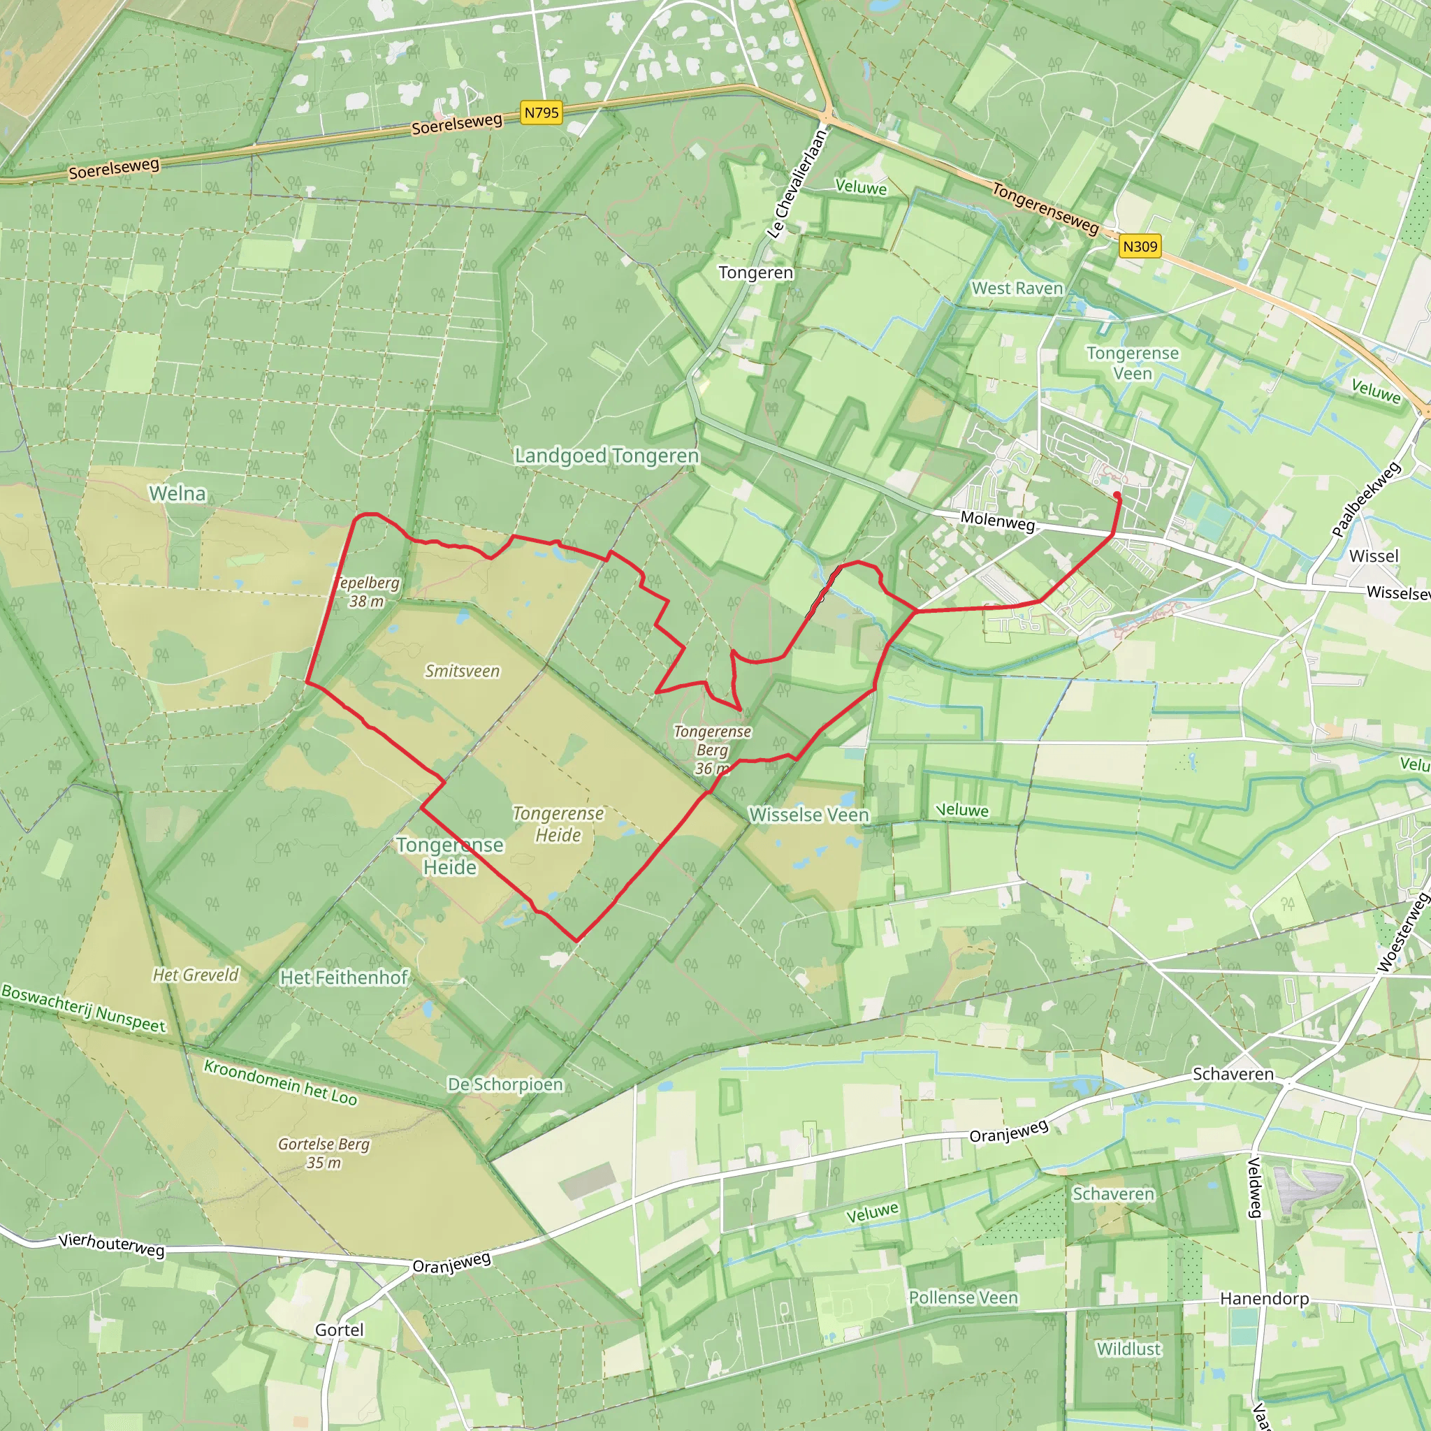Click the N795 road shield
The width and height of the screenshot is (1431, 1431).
541,112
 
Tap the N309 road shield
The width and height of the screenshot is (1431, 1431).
1139,247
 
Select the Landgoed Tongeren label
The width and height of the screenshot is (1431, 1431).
606,456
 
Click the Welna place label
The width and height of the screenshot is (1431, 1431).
177,493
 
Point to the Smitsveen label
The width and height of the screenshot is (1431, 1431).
462,671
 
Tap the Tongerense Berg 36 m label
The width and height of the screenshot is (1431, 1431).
712,750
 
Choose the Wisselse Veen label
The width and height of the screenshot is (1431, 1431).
809,815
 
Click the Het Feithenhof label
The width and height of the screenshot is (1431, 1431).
344,978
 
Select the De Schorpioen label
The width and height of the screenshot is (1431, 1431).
505,1084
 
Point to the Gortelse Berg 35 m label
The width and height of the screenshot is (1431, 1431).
324,1153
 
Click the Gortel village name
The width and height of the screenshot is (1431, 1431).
339,1330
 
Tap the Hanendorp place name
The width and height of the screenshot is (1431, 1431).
1264,1298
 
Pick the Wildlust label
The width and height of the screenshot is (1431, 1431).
1128,1349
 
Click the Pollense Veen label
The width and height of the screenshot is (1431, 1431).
963,1298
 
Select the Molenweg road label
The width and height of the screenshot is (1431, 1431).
997,521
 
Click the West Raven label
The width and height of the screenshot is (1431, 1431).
1017,288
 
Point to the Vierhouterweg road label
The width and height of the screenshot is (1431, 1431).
111,1244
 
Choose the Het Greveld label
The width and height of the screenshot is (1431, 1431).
196,975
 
